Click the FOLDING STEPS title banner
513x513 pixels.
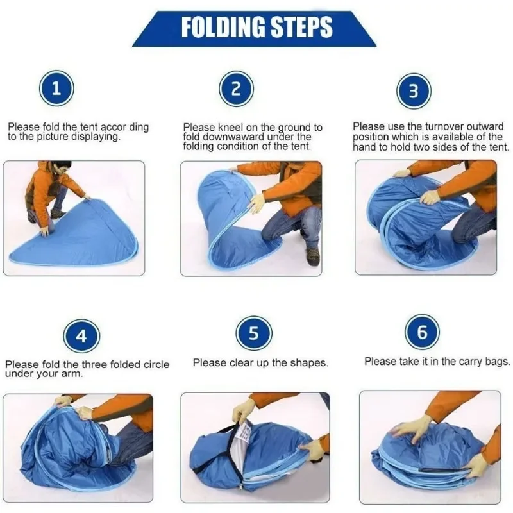pos(254,28)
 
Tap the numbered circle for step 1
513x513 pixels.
pos(56,88)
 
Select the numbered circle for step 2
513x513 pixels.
pos(236,88)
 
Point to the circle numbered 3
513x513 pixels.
pos(414,90)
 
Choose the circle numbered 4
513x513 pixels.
pos(81,335)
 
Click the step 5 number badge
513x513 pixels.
pos(254,333)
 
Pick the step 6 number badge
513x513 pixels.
pos(422,332)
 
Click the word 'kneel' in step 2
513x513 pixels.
pos(232,127)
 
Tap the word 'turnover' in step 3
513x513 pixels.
pos(444,126)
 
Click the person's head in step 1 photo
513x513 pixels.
pos(62,169)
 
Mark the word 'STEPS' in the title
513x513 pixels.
pos(301,27)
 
